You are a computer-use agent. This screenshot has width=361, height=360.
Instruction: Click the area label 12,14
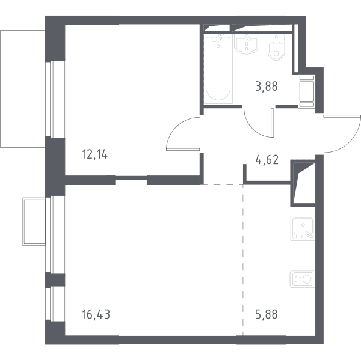pos(94,154)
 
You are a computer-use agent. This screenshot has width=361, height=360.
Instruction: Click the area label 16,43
pos(96,314)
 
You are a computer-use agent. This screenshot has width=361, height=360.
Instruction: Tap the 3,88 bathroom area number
pos(267,87)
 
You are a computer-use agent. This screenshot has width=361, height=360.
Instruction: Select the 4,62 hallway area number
pos(267,160)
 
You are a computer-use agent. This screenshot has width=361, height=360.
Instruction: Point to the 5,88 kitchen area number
pos(267,314)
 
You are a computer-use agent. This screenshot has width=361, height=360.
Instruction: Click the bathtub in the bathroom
pos(218,68)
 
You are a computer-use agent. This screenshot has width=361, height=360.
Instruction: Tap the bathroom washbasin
pos(247,44)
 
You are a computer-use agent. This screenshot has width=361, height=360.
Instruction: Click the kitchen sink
pos(303,228)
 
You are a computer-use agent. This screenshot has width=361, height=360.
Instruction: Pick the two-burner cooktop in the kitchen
pos(303,279)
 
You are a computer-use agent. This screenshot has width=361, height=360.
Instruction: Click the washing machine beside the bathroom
pos(307,91)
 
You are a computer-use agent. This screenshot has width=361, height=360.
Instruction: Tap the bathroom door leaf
pos(273,123)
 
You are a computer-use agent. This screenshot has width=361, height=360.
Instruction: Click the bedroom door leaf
pos(183,149)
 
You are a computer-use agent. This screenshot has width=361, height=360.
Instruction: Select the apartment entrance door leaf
pos(342,117)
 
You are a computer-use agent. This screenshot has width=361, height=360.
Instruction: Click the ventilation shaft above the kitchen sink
pos(303,183)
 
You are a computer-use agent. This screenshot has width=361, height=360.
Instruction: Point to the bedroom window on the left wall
pos(50,99)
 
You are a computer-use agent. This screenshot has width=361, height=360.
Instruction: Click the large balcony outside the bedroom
pos(23,89)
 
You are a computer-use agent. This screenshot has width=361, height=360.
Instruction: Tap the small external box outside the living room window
pos(34,222)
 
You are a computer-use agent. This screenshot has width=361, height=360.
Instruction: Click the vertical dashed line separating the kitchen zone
pos(243,260)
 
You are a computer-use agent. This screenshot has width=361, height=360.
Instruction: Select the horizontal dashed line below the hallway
pos(223,184)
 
